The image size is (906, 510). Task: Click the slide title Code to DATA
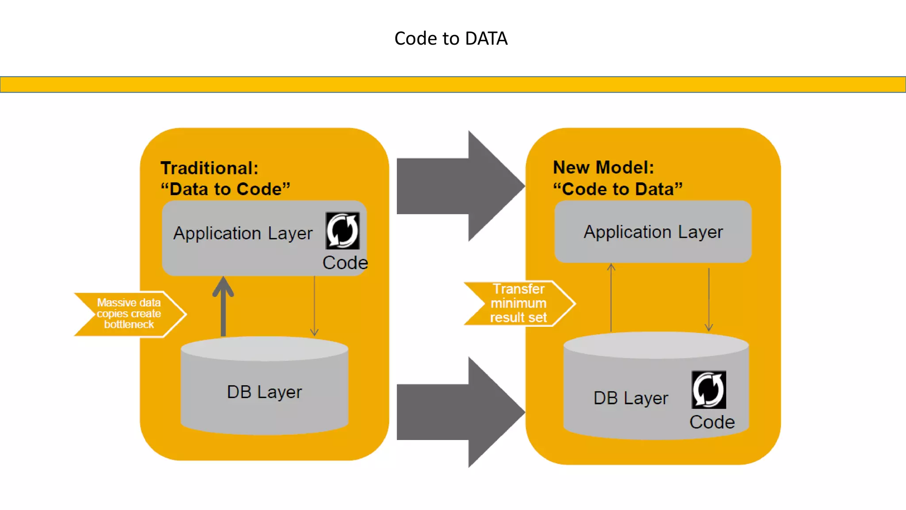[x=451, y=39]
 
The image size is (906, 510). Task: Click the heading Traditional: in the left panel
[x=209, y=168]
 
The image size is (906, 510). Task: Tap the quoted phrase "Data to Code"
[x=225, y=189]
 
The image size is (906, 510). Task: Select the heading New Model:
[x=603, y=167]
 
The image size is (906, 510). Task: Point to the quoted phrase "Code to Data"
[x=618, y=189]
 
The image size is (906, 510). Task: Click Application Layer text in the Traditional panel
[x=243, y=233]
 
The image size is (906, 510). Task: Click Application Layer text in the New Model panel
[x=653, y=232]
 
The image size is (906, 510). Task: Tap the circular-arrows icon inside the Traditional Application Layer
[x=342, y=231]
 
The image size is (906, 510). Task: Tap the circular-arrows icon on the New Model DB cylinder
[x=708, y=390]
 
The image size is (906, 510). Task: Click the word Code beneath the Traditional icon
[x=345, y=263]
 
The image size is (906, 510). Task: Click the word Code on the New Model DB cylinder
[x=712, y=422]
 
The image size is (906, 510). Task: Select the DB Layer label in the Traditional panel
[x=264, y=392]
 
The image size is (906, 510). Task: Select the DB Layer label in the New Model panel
[x=630, y=398]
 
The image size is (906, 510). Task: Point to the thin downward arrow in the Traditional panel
[x=315, y=305]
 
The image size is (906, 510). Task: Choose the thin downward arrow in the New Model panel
[x=709, y=299]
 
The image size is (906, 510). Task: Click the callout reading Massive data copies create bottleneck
[x=129, y=313]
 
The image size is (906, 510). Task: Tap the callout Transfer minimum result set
[x=518, y=303]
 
